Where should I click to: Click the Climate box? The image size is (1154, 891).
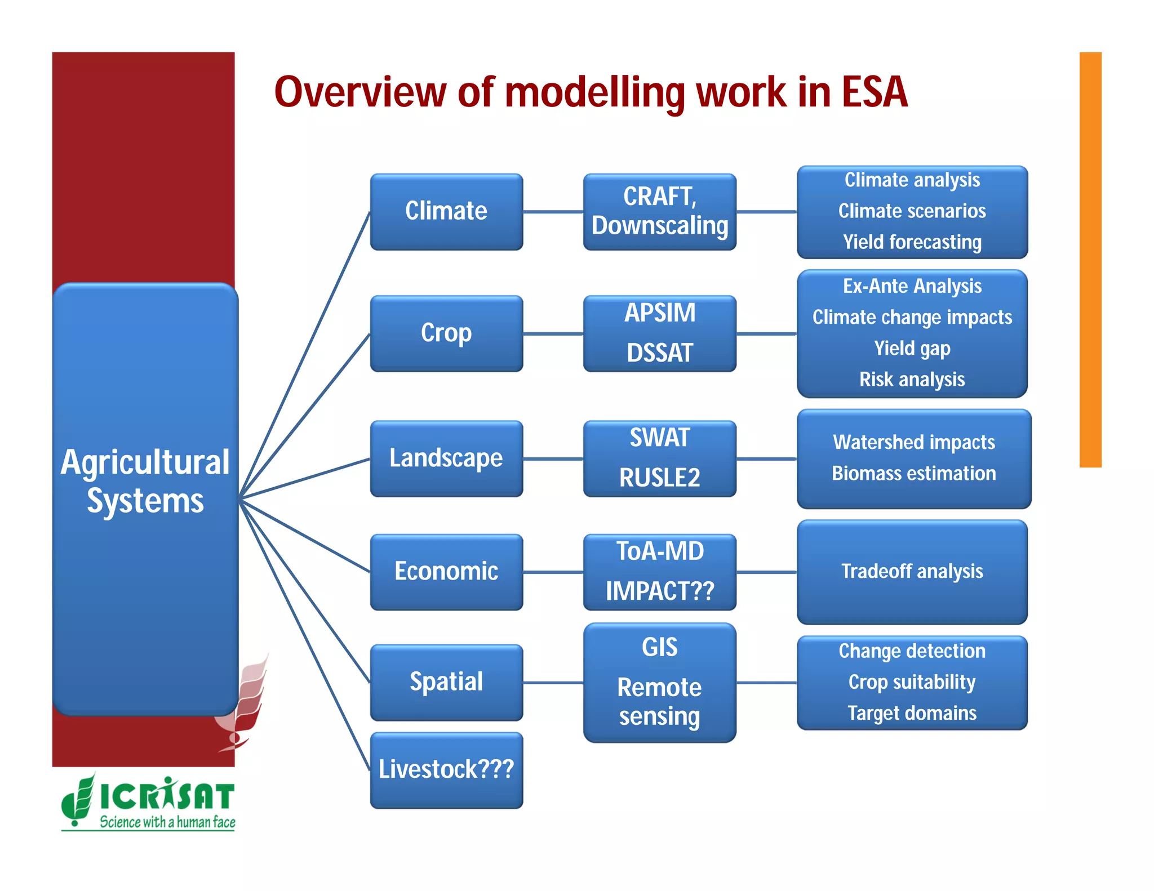[446, 211]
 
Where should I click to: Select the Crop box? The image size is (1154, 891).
[446, 333]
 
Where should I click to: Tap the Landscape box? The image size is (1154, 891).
[446, 458]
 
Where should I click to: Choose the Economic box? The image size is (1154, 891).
[446, 572]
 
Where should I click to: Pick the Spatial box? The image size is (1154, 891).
[446, 682]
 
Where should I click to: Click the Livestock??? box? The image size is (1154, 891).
[446, 770]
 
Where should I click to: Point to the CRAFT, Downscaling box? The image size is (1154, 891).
[659, 211]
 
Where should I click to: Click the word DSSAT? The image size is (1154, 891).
[659, 353]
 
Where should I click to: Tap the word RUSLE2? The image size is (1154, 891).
[659, 478]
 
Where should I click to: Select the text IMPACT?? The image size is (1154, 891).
[659, 591]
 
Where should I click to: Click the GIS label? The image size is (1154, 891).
[659, 647]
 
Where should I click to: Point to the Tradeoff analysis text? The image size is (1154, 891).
[912, 572]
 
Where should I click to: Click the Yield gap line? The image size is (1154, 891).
[912, 349]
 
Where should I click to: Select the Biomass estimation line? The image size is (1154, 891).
[913, 474]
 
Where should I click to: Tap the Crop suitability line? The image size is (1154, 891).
[912, 682]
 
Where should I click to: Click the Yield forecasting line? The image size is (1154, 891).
[912, 242]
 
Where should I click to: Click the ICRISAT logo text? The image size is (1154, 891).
[167, 796]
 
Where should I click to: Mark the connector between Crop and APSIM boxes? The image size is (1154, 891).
[553, 334]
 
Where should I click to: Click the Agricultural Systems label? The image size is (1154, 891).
[145, 482]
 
